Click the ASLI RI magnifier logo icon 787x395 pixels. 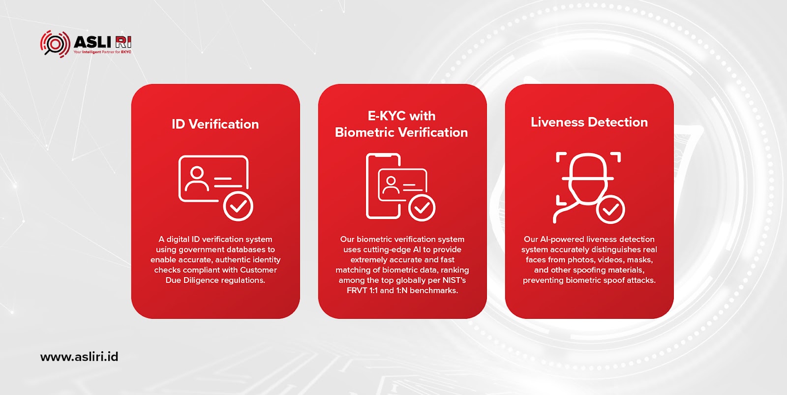click(55, 44)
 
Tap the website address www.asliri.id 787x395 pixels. click(79, 357)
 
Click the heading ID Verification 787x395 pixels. click(215, 124)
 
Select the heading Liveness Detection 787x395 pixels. click(589, 122)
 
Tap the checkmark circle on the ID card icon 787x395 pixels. click(238, 206)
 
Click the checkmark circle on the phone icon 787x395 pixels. click(422, 208)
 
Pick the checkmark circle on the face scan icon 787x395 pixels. click(610, 210)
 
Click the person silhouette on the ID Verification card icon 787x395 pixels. click(197, 178)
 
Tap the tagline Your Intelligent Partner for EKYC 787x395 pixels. click(102, 52)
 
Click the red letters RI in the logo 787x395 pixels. click(123, 42)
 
